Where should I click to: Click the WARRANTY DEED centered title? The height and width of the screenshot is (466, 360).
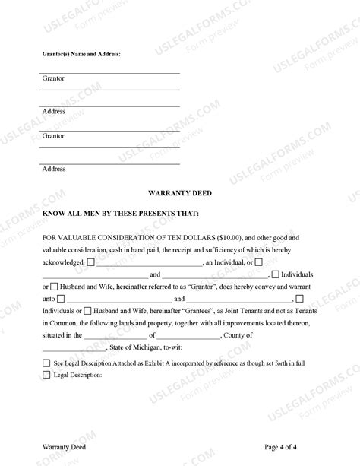[x=180, y=193]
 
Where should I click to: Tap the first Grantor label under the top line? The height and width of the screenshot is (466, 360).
[x=53, y=78]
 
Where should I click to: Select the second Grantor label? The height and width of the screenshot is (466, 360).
[x=53, y=136]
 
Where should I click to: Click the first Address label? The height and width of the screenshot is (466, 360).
[x=54, y=111]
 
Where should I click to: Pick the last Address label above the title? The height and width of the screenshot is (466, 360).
[x=54, y=169]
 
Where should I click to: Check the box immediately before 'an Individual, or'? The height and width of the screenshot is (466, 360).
[x=91, y=262]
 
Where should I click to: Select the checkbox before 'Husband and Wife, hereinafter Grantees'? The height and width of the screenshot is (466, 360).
[x=88, y=310]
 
